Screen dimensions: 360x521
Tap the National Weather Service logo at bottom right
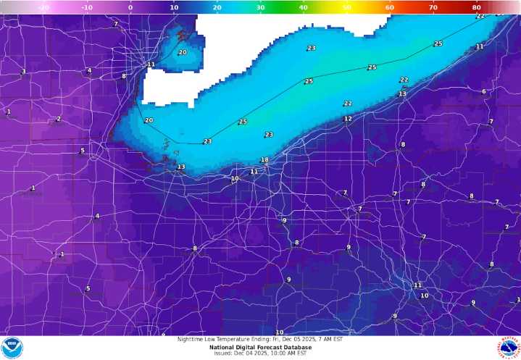point(509,348)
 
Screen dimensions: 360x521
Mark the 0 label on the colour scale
point(130,7)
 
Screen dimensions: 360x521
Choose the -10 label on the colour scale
point(86,7)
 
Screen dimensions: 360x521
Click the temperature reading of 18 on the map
point(264,160)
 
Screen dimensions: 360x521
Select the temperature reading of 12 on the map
point(348,119)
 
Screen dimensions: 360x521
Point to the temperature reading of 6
point(483,91)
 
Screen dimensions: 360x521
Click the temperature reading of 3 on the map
point(23,71)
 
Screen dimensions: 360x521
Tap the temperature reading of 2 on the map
point(59,119)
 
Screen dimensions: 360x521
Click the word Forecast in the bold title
point(266,346)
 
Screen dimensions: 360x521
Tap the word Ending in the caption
point(259,338)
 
